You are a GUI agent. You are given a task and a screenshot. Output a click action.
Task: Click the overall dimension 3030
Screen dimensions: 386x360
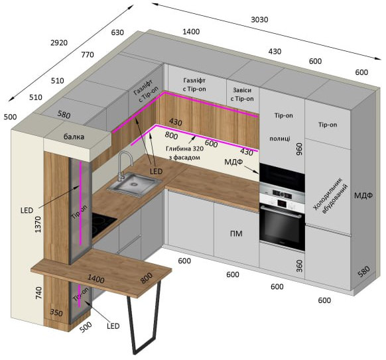[x=259, y=19]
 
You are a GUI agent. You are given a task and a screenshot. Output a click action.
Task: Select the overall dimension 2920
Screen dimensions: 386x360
[x=59, y=43]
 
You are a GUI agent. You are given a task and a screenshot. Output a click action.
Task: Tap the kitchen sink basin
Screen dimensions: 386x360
[x=135, y=184]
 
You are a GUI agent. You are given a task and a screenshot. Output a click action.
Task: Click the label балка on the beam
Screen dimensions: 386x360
[x=74, y=137]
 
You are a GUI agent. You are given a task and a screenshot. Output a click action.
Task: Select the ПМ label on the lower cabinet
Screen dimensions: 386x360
[x=236, y=233]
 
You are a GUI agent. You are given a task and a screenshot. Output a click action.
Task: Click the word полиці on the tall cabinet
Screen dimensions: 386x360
[x=280, y=139]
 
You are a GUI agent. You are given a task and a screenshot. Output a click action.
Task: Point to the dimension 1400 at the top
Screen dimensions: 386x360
[x=191, y=32]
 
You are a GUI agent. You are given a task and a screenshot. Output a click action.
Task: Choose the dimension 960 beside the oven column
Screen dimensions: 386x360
[x=299, y=149]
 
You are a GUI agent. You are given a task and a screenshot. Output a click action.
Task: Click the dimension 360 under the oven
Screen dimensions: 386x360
[x=299, y=266]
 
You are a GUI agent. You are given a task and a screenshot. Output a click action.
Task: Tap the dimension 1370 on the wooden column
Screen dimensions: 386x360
[x=38, y=224]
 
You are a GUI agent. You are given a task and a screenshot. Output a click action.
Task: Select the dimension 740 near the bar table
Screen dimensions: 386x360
[x=39, y=293]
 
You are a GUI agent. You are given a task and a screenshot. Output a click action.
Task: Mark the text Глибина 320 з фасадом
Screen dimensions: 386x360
[x=184, y=152]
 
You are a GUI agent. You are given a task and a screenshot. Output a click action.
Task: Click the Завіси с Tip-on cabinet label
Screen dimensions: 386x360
[x=242, y=95]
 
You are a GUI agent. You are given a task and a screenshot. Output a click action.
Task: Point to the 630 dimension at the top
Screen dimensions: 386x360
[x=117, y=32]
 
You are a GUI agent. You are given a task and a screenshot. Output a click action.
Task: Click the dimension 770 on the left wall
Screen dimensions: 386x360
[x=88, y=54]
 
